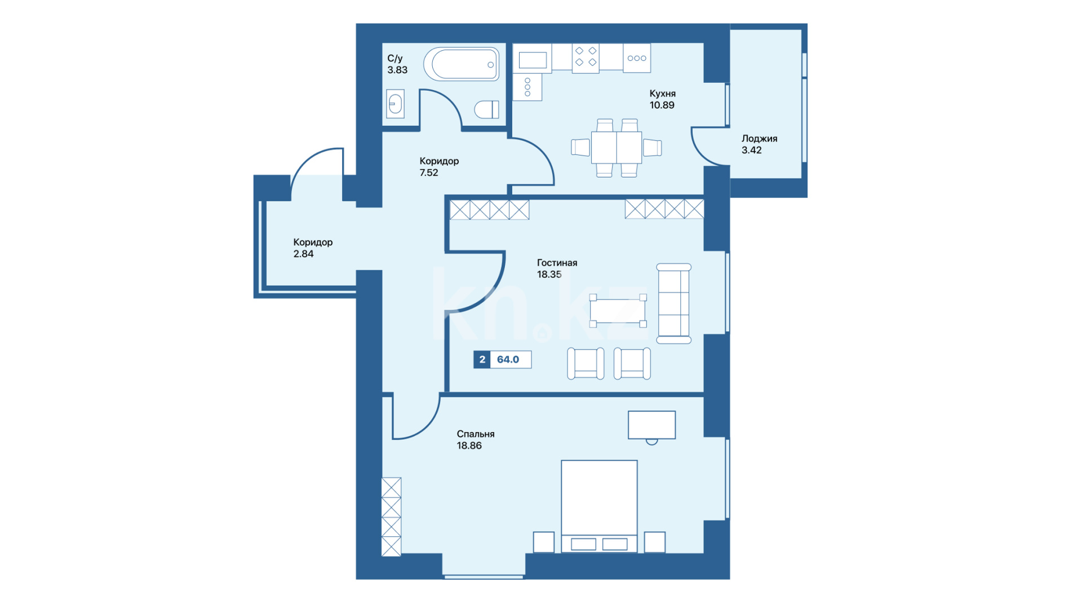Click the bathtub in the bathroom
pyautogui.click(x=462, y=64)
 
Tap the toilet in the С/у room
pyautogui.click(x=486, y=109)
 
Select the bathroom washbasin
pyautogui.click(x=396, y=104)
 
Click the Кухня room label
pyautogui.click(x=662, y=94)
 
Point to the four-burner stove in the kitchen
pyautogui.click(x=586, y=58)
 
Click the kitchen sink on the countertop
pyautogui.click(x=533, y=59)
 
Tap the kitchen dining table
pyautogui.click(x=617, y=148)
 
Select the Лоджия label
pyautogui.click(x=759, y=139)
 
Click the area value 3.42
pyautogui.click(x=751, y=150)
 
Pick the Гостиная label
pyautogui.click(x=557, y=263)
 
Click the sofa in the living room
pyautogui.click(x=674, y=303)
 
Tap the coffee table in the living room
pyautogui.click(x=618, y=311)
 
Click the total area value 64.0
pyautogui.click(x=508, y=360)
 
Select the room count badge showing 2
pyautogui.click(x=482, y=360)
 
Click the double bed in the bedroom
pyautogui.click(x=599, y=506)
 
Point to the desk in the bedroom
pyautogui.click(x=651, y=425)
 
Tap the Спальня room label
pyautogui.click(x=476, y=434)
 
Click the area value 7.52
pyautogui.click(x=429, y=173)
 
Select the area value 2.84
pyautogui.click(x=303, y=254)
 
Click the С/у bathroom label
pyautogui.click(x=395, y=59)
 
